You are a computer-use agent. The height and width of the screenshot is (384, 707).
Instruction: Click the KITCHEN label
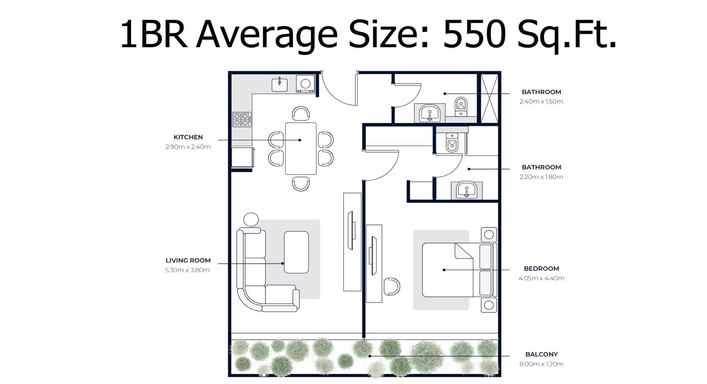tap(188, 137)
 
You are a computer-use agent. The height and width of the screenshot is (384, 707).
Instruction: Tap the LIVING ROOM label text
tap(188, 261)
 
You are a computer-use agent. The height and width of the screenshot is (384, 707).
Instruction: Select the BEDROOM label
tap(541, 269)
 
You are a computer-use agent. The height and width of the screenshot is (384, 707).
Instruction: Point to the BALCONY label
tap(541, 354)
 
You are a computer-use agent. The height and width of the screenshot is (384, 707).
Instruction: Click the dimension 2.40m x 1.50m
tap(541, 101)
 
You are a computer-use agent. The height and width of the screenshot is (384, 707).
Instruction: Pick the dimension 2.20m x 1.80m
tap(541, 177)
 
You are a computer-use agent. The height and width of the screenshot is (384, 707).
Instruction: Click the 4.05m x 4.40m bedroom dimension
tap(541, 278)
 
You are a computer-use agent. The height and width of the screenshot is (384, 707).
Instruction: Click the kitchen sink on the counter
tap(280, 85)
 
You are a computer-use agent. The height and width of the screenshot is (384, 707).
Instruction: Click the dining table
tap(301, 149)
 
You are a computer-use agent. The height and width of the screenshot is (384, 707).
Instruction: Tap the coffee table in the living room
tap(296, 252)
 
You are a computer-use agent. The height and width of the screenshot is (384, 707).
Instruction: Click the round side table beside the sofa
tap(251, 219)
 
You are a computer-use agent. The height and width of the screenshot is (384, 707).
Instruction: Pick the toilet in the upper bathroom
tap(461, 107)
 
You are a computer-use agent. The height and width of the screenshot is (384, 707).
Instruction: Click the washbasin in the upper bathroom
tap(430, 113)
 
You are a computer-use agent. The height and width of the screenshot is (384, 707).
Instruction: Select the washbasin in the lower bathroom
tap(467, 190)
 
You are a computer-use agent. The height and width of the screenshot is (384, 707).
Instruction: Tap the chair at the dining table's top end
tap(301, 113)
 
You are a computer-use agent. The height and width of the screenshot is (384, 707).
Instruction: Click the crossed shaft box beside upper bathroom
tap(489, 98)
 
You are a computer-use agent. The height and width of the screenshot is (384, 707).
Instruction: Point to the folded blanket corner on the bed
tap(463, 251)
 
